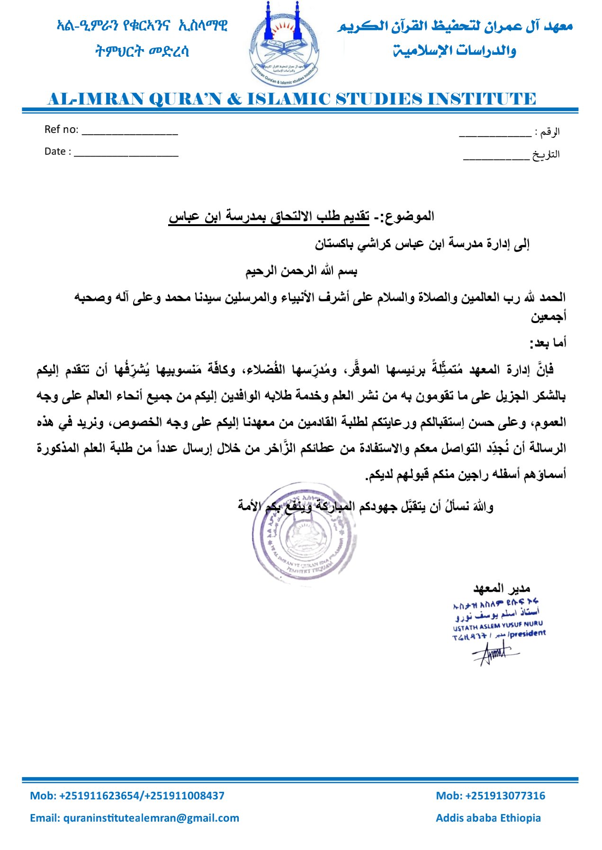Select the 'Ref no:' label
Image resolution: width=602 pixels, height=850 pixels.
(x=61, y=130)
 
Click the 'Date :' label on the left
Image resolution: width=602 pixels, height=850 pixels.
(x=57, y=151)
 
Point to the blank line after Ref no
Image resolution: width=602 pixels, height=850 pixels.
(x=130, y=132)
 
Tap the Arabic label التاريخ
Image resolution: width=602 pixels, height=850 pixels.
(x=546, y=155)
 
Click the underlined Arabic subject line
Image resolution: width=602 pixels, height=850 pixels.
(x=269, y=217)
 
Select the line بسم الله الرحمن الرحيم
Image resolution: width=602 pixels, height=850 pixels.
(x=301, y=272)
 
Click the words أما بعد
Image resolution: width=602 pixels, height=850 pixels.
(x=548, y=343)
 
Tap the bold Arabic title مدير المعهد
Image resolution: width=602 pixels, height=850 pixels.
(x=502, y=588)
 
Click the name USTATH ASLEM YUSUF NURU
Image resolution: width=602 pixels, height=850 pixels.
(x=497, y=625)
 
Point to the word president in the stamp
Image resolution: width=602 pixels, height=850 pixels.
(x=528, y=633)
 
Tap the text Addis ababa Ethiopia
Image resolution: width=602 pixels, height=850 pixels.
(x=488, y=818)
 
